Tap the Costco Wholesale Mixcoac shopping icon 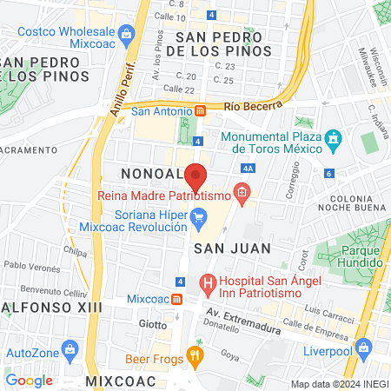click(127, 36)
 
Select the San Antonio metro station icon click(201, 110)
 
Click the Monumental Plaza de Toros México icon click(331, 139)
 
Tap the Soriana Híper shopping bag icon click(199, 216)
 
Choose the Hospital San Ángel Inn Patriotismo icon click(207, 282)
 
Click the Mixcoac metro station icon click(177, 298)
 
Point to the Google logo click(30, 380)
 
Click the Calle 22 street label click(178, 89)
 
